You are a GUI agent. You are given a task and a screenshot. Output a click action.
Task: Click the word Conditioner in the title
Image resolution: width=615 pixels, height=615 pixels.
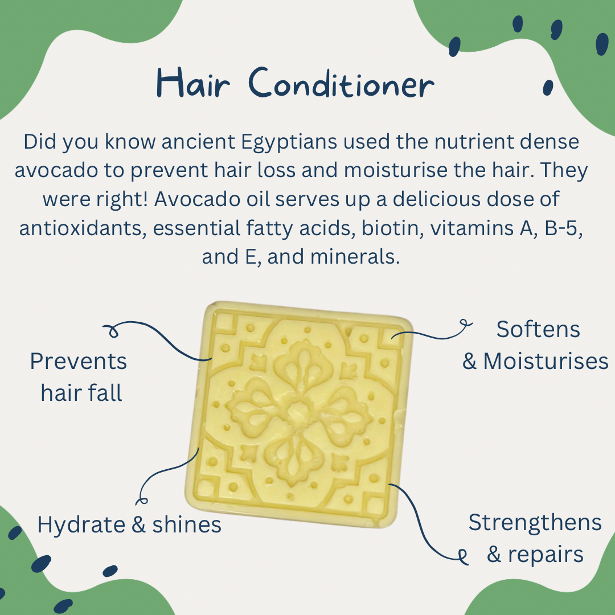coord(341,84)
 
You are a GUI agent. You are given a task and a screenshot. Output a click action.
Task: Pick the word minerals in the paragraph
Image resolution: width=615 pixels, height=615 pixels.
coord(354,256)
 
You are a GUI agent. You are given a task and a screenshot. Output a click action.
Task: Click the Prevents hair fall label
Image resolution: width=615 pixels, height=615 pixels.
coord(79,377)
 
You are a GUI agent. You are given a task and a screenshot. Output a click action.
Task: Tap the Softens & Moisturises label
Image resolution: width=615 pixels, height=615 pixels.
coord(536,345)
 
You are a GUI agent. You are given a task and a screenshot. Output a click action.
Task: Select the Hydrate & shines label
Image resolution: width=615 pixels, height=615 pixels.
coord(129,524)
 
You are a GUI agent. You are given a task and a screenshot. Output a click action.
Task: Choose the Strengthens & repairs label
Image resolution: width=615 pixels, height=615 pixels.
coord(535,538)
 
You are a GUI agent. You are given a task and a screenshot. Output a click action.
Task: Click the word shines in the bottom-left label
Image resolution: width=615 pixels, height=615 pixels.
coord(187,524)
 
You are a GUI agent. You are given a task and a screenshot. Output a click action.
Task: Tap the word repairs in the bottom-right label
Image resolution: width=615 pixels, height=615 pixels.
coord(546,554)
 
